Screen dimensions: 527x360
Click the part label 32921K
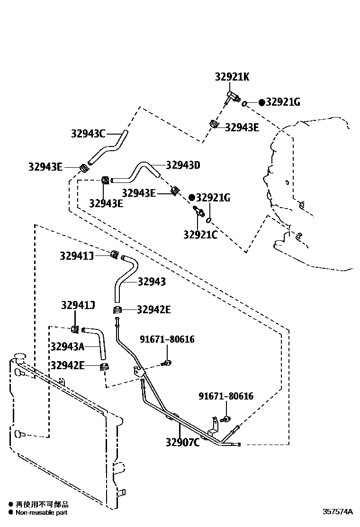[x=232, y=77]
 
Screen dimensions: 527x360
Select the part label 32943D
[x=183, y=165]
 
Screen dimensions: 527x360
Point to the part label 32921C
[x=200, y=234]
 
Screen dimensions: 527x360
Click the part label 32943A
[x=67, y=346]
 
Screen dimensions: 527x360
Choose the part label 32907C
[x=182, y=442]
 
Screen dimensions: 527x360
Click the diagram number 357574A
[x=338, y=512]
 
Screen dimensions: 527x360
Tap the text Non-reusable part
[x=42, y=512]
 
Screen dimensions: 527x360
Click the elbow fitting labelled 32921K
[x=232, y=98]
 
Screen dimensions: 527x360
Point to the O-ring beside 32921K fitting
[x=245, y=103]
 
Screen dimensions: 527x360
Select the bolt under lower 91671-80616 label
[x=225, y=419]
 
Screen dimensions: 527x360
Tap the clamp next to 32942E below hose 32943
[x=117, y=310]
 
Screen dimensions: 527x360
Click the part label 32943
[x=152, y=282]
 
